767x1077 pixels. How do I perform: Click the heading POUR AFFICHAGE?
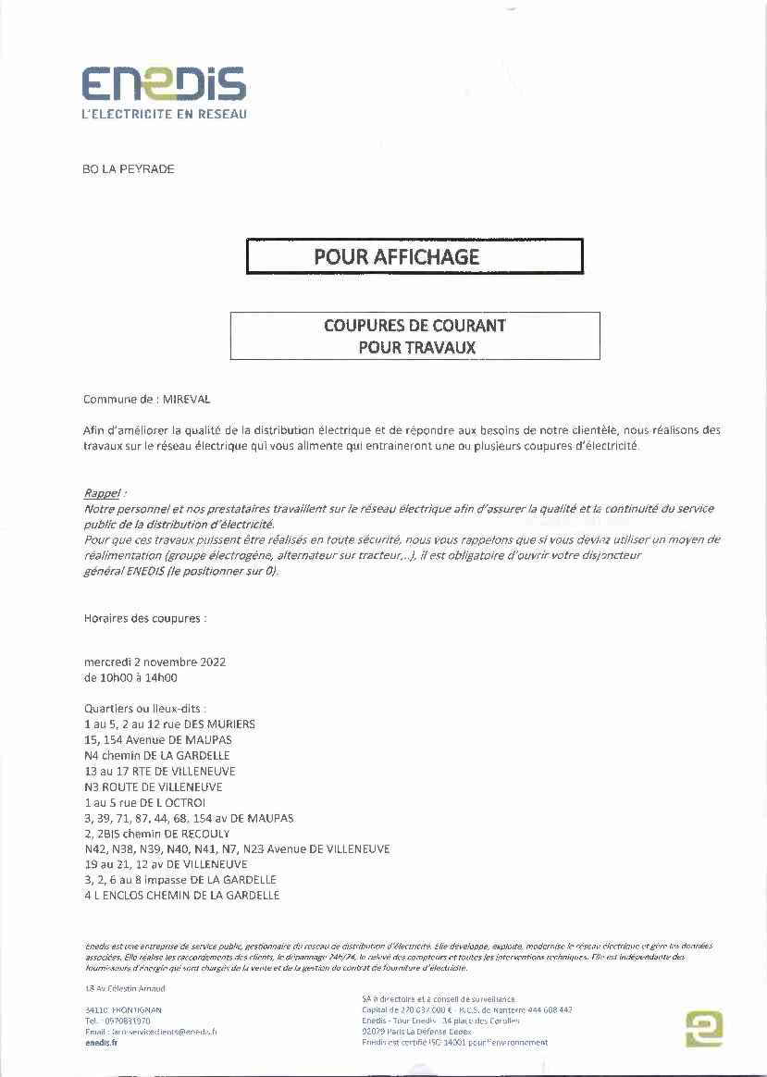(397, 256)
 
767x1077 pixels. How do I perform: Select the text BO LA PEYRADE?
(129, 169)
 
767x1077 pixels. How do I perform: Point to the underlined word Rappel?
(103, 494)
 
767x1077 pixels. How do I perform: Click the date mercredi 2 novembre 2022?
(155, 662)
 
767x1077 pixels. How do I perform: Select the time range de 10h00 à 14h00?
(130, 678)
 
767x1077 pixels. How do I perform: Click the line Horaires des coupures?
(145, 618)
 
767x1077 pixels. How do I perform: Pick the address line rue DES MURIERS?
(169, 724)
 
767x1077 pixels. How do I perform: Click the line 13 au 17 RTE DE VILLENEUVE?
(159, 772)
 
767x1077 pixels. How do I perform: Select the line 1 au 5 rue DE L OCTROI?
(144, 803)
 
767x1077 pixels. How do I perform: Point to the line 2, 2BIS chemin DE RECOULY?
(156, 834)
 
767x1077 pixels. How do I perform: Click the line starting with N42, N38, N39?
(237, 849)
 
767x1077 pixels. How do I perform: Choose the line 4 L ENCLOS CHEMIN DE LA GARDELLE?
(181, 896)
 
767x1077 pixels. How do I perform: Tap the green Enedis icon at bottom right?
(704, 1028)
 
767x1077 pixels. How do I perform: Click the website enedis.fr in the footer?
(101, 1043)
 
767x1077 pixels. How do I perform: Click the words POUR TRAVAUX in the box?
(416, 348)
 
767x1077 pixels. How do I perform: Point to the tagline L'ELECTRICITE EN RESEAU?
(165, 115)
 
